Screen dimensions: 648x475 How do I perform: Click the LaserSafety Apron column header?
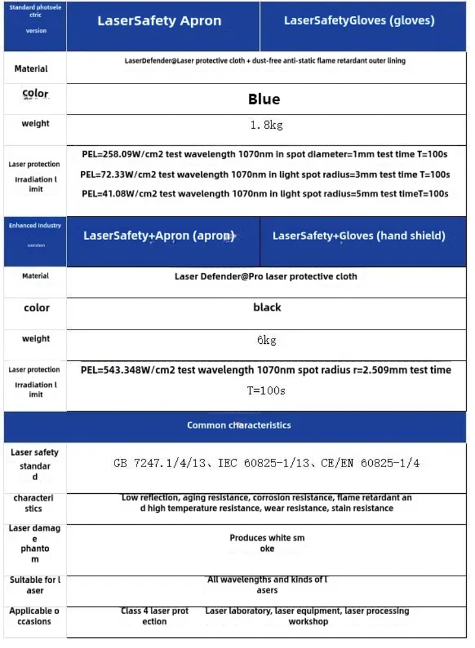click(159, 21)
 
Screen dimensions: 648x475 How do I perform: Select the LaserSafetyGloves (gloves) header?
click(359, 21)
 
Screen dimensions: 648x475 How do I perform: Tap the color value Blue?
click(264, 99)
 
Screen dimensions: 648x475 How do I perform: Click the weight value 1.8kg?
click(265, 125)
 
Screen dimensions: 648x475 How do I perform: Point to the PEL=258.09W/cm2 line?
click(264, 155)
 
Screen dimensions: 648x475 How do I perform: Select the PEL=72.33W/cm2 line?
click(265, 174)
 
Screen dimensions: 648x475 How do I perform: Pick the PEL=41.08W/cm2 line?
click(265, 193)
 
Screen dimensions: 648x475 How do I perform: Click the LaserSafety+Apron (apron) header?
click(159, 235)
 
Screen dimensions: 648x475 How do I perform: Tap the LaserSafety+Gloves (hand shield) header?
click(359, 235)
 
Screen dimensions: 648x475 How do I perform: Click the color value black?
click(267, 308)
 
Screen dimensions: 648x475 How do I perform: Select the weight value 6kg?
click(267, 340)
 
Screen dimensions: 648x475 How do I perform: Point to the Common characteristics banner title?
click(239, 425)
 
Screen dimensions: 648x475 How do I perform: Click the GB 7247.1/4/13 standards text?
click(266, 463)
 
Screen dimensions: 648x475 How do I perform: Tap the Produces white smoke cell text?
click(267, 543)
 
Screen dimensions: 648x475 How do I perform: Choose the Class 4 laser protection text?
click(154, 616)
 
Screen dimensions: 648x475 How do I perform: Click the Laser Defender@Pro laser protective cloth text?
click(266, 276)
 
